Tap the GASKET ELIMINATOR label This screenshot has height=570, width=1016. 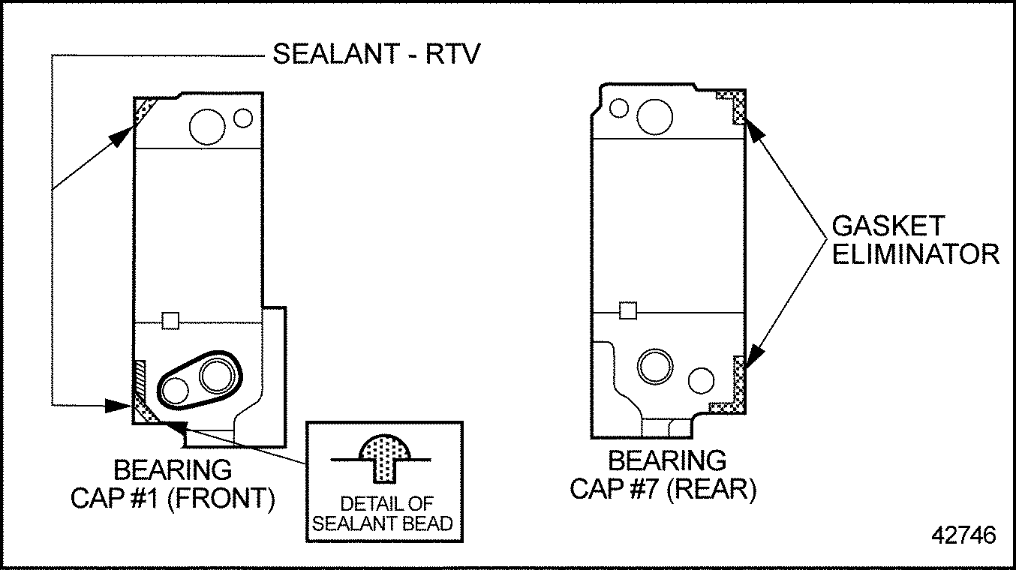(915, 239)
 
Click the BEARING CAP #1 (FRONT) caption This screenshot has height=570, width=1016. (172, 484)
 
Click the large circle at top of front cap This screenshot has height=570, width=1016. (208, 125)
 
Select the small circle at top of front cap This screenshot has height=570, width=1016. (243, 118)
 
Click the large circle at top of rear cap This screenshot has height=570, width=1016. (654, 115)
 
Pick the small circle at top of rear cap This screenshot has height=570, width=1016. (619, 108)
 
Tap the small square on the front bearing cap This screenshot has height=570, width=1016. (171, 321)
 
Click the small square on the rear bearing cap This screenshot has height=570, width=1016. (628, 310)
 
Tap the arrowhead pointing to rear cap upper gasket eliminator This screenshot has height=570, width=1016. (756, 130)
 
